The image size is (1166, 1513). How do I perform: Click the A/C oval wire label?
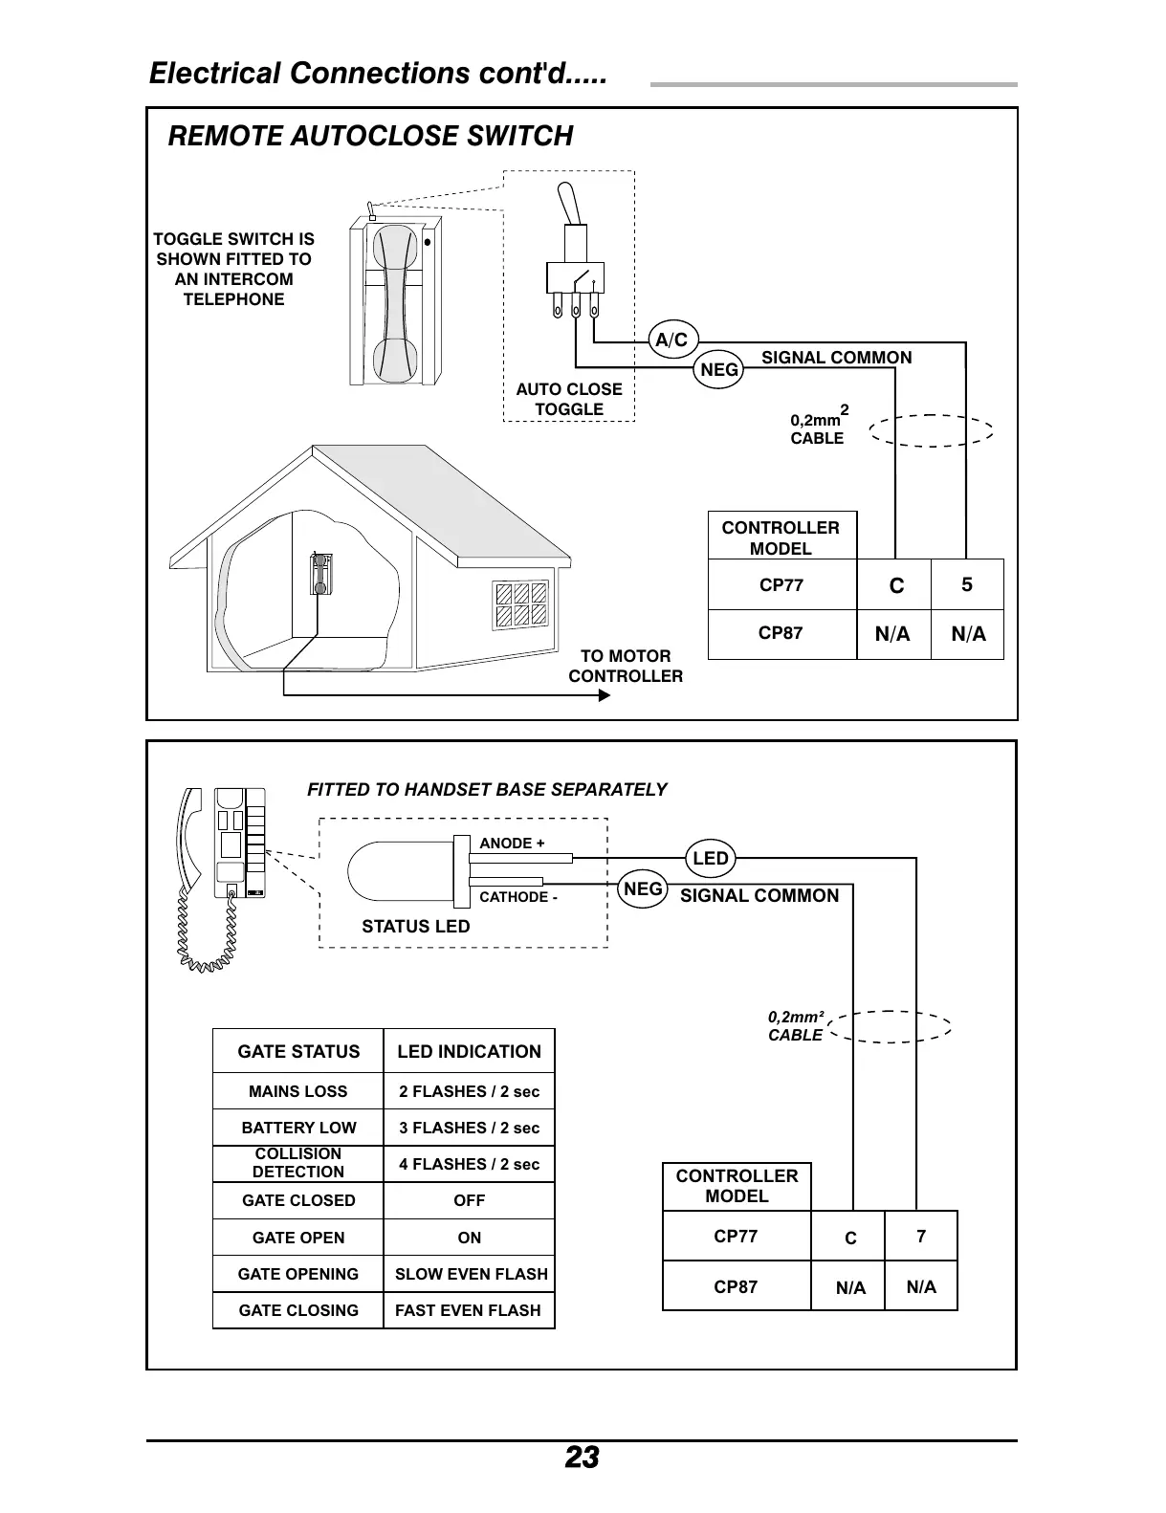click(671, 340)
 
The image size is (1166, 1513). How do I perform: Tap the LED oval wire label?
click(711, 858)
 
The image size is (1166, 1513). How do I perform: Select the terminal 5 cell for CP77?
click(967, 584)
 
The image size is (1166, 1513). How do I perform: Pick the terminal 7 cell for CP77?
click(921, 1236)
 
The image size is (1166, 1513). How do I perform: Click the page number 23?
click(582, 1458)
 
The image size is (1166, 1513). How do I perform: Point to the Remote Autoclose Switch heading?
click(370, 136)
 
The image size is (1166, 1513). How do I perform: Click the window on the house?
click(521, 603)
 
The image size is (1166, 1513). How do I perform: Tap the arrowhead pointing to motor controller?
click(604, 695)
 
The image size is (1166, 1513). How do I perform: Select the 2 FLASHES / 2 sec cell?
click(469, 1091)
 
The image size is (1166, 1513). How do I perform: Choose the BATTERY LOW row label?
click(298, 1128)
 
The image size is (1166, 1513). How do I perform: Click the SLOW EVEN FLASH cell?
click(471, 1274)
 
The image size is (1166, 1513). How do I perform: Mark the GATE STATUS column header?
click(298, 1051)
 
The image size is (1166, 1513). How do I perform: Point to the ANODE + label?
click(512, 843)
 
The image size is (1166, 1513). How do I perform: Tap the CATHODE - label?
click(517, 897)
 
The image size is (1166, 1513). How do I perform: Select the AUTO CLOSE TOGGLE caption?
click(569, 399)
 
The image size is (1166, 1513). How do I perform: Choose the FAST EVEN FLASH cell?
click(468, 1310)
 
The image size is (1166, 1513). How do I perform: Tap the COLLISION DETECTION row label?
click(298, 1163)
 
